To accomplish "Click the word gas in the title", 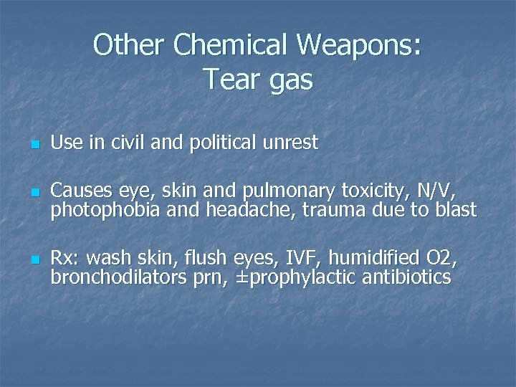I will click(x=290, y=81).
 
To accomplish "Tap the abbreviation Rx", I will click(x=62, y=258).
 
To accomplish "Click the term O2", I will click(x=441, y=258).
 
